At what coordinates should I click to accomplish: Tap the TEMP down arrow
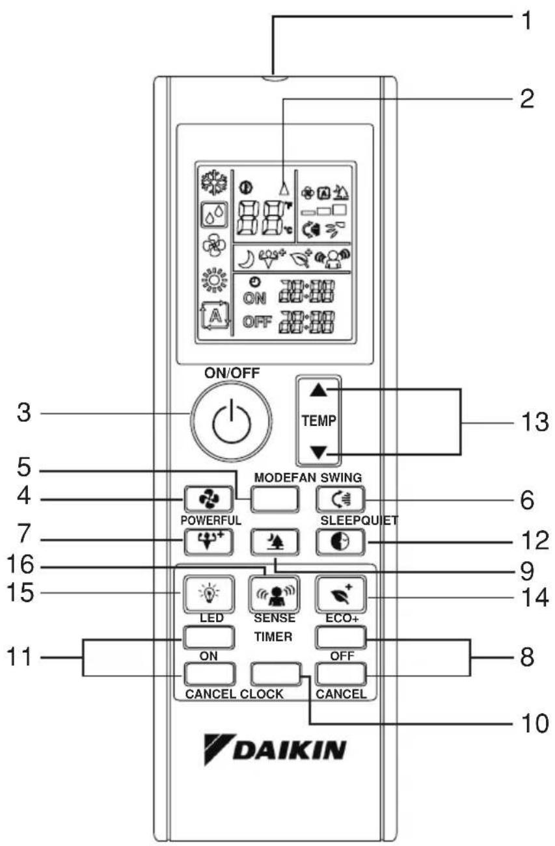click(318, 453)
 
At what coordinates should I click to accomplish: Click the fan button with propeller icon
click(208, 499)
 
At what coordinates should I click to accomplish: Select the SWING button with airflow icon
click(340, 499)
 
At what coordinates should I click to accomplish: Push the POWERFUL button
click(208, 542)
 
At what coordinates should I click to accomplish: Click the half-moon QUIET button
click(340, 542)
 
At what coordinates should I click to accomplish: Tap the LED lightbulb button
click(209, 594)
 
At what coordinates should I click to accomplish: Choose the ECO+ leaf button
click(341, 594)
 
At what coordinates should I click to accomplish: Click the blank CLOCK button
click(276, 674)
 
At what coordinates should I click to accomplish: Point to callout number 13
click(535, 422)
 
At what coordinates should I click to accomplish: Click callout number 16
click(20, 564)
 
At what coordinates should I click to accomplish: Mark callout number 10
click(535, 723)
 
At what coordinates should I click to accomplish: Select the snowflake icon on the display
click(214, 183)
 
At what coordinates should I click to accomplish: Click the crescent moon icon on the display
click(245, 259)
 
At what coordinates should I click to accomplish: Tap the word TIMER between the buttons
click(273, 637)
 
